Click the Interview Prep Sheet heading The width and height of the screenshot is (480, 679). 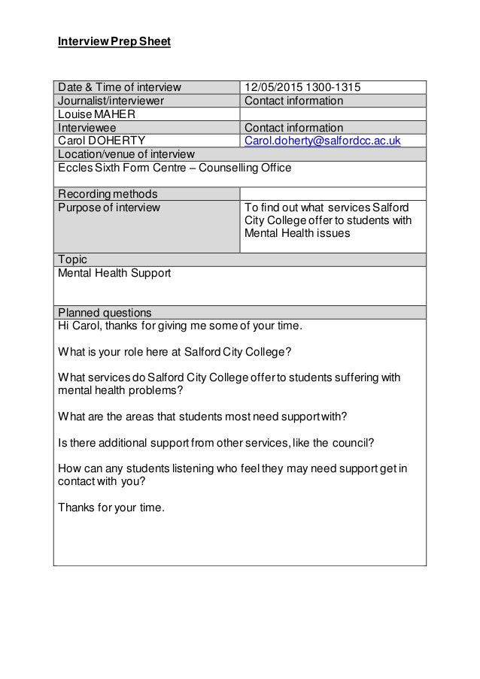(114, 41)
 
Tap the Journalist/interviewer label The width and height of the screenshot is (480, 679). (111, 101)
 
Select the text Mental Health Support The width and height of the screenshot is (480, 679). (114, 274)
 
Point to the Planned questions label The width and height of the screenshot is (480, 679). (105, 313)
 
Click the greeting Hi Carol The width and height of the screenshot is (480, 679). (78, 326)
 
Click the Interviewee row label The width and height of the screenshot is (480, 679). (88, 128)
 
